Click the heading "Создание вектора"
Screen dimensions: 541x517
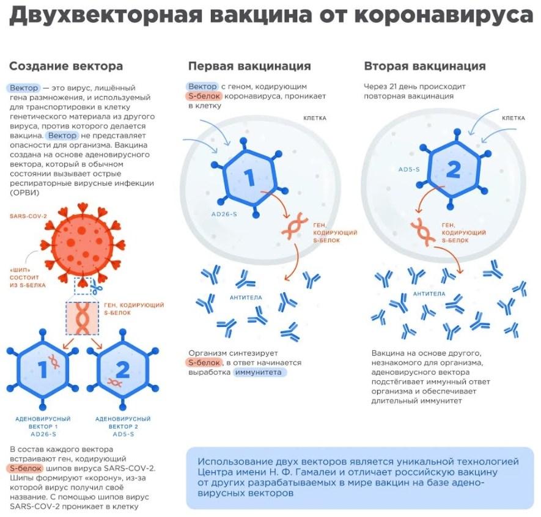[x=66, y=66]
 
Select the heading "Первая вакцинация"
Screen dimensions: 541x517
[x=249, y=66]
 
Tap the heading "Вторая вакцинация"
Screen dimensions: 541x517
[x=425, y=66]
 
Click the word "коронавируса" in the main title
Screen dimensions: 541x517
[x=444, y=15]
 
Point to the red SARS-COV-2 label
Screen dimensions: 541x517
[x=28, y=216]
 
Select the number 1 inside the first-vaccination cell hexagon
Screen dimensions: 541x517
[x=249, y=178]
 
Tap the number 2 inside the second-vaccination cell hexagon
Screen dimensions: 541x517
[x=454, y=170]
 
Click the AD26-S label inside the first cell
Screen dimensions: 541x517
[x=224, y=214]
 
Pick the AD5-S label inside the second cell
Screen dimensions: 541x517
[x=409, y=169]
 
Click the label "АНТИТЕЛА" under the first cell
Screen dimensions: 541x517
[x=246, y=297]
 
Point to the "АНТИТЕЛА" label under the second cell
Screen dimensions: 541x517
[x=429, y=294]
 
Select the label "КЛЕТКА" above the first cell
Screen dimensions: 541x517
[x=315, y=119]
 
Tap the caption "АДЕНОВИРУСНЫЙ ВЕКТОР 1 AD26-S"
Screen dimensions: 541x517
[x=43, y=427]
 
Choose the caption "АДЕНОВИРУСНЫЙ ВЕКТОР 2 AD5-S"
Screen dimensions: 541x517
[x=123, y=427]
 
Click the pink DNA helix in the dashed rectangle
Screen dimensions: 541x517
[x=82, y=318]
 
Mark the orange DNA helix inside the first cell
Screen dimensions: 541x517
[x=294, y=226]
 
